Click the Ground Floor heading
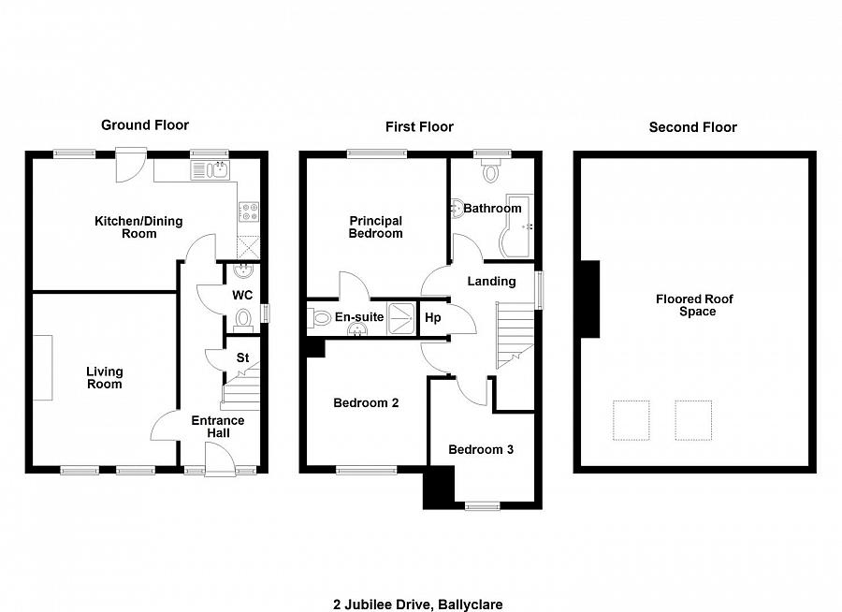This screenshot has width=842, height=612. pyautogui.click(x=145, y=125)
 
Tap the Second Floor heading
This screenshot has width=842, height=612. pyautogui.click(x=692, y=127)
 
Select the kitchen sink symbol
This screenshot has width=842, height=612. pyautogui.click(x=210, y=170)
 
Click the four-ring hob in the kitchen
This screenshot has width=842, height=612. pyautogui.click(x=249, y=211)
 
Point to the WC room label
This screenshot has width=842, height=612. pyautogui.click(x=242, y=295)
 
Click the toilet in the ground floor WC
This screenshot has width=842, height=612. pyautogui.click(x=243, y=321)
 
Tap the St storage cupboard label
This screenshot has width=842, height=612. pyautogui.click(x=242, y=357)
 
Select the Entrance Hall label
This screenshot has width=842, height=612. pyautogui.click(x=218, y=427)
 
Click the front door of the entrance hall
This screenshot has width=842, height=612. pyautogui.click(x=220, y=459)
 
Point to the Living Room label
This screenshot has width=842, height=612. pyautogui.click(x=105, y=378)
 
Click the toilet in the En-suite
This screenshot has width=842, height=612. pyautogui.click(x=319, y=317)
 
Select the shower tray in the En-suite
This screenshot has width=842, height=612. pyautogui.click(x=401, y=318)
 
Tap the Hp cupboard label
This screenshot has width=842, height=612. pyautogui.click(x=433, y=318)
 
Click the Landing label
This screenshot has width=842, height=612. pyautogui.click(x=491, y=281)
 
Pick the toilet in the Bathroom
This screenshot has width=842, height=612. pyautogui.click(x=491, y=171)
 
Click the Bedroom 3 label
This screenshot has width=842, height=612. pyautogui.click(x=481, y=450)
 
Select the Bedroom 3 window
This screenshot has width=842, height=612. pyautogui.click(x=482, y=505)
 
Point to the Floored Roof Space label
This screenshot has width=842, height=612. pyautogui.click(x=695, y=305)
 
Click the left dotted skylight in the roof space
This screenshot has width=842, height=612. pyautogui.click(x=631, y=420)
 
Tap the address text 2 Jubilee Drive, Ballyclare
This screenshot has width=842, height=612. pyautogui.click(x=418, y=605)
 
